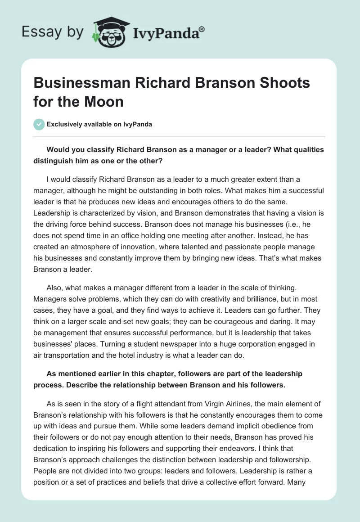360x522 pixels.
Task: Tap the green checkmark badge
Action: pyautogui.click(x=39, y=124)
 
